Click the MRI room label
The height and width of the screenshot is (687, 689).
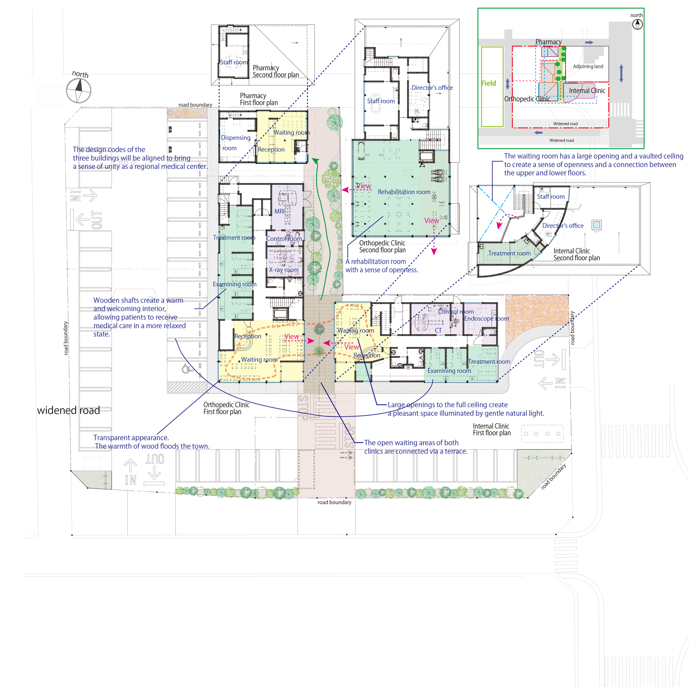click(x=279, y=211)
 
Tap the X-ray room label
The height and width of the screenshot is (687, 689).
click(x=284, y=270)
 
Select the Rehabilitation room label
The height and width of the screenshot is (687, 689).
click(x=404, y=192)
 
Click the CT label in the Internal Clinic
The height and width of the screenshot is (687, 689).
click(x=438, y=330)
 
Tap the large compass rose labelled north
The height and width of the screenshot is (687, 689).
click(x=79, y=91)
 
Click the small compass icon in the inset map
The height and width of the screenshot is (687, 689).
click(x=637, y=24)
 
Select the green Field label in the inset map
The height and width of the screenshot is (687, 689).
click(x=488, y=83)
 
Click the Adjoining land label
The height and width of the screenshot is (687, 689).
click(x=588, y=66)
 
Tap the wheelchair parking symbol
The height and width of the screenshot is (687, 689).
click(x=186, y=368)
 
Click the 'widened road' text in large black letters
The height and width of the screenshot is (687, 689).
click(x=69, y=410)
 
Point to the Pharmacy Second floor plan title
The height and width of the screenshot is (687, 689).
click(x=275, y=71)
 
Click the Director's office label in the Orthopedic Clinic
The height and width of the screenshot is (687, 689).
click(x=432, y=88)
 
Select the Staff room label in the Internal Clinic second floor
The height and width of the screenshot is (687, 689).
click(x=551, y=196)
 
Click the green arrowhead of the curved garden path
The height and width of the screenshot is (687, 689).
click(x=315, y=161)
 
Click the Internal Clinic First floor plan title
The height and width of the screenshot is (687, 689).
click(x=492, y=430)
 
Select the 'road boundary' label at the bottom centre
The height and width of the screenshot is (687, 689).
click(x=334, y=502)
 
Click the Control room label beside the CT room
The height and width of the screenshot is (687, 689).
click(x=455, y=311)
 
